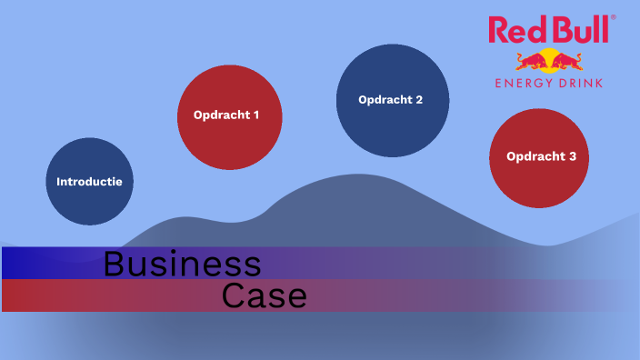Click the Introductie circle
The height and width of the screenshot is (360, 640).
[90, 181]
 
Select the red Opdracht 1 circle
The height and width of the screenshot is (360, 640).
[230, 117]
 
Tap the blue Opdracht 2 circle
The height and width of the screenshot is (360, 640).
[392, 100]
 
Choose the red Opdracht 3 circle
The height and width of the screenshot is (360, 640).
[541, 156]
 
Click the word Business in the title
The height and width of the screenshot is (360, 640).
[182, 264]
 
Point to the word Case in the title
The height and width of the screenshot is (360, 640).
[265, 296]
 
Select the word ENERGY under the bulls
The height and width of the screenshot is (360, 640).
[524, 83]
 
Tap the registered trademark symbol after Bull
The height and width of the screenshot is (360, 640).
[613, 17]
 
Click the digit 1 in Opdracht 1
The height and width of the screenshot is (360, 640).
[255, 115]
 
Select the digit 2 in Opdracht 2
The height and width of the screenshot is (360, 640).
[419, 100]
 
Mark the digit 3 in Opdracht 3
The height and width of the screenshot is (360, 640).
[573, 156]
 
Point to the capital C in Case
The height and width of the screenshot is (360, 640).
[234, 296]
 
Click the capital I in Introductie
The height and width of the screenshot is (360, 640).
[58, 181]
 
